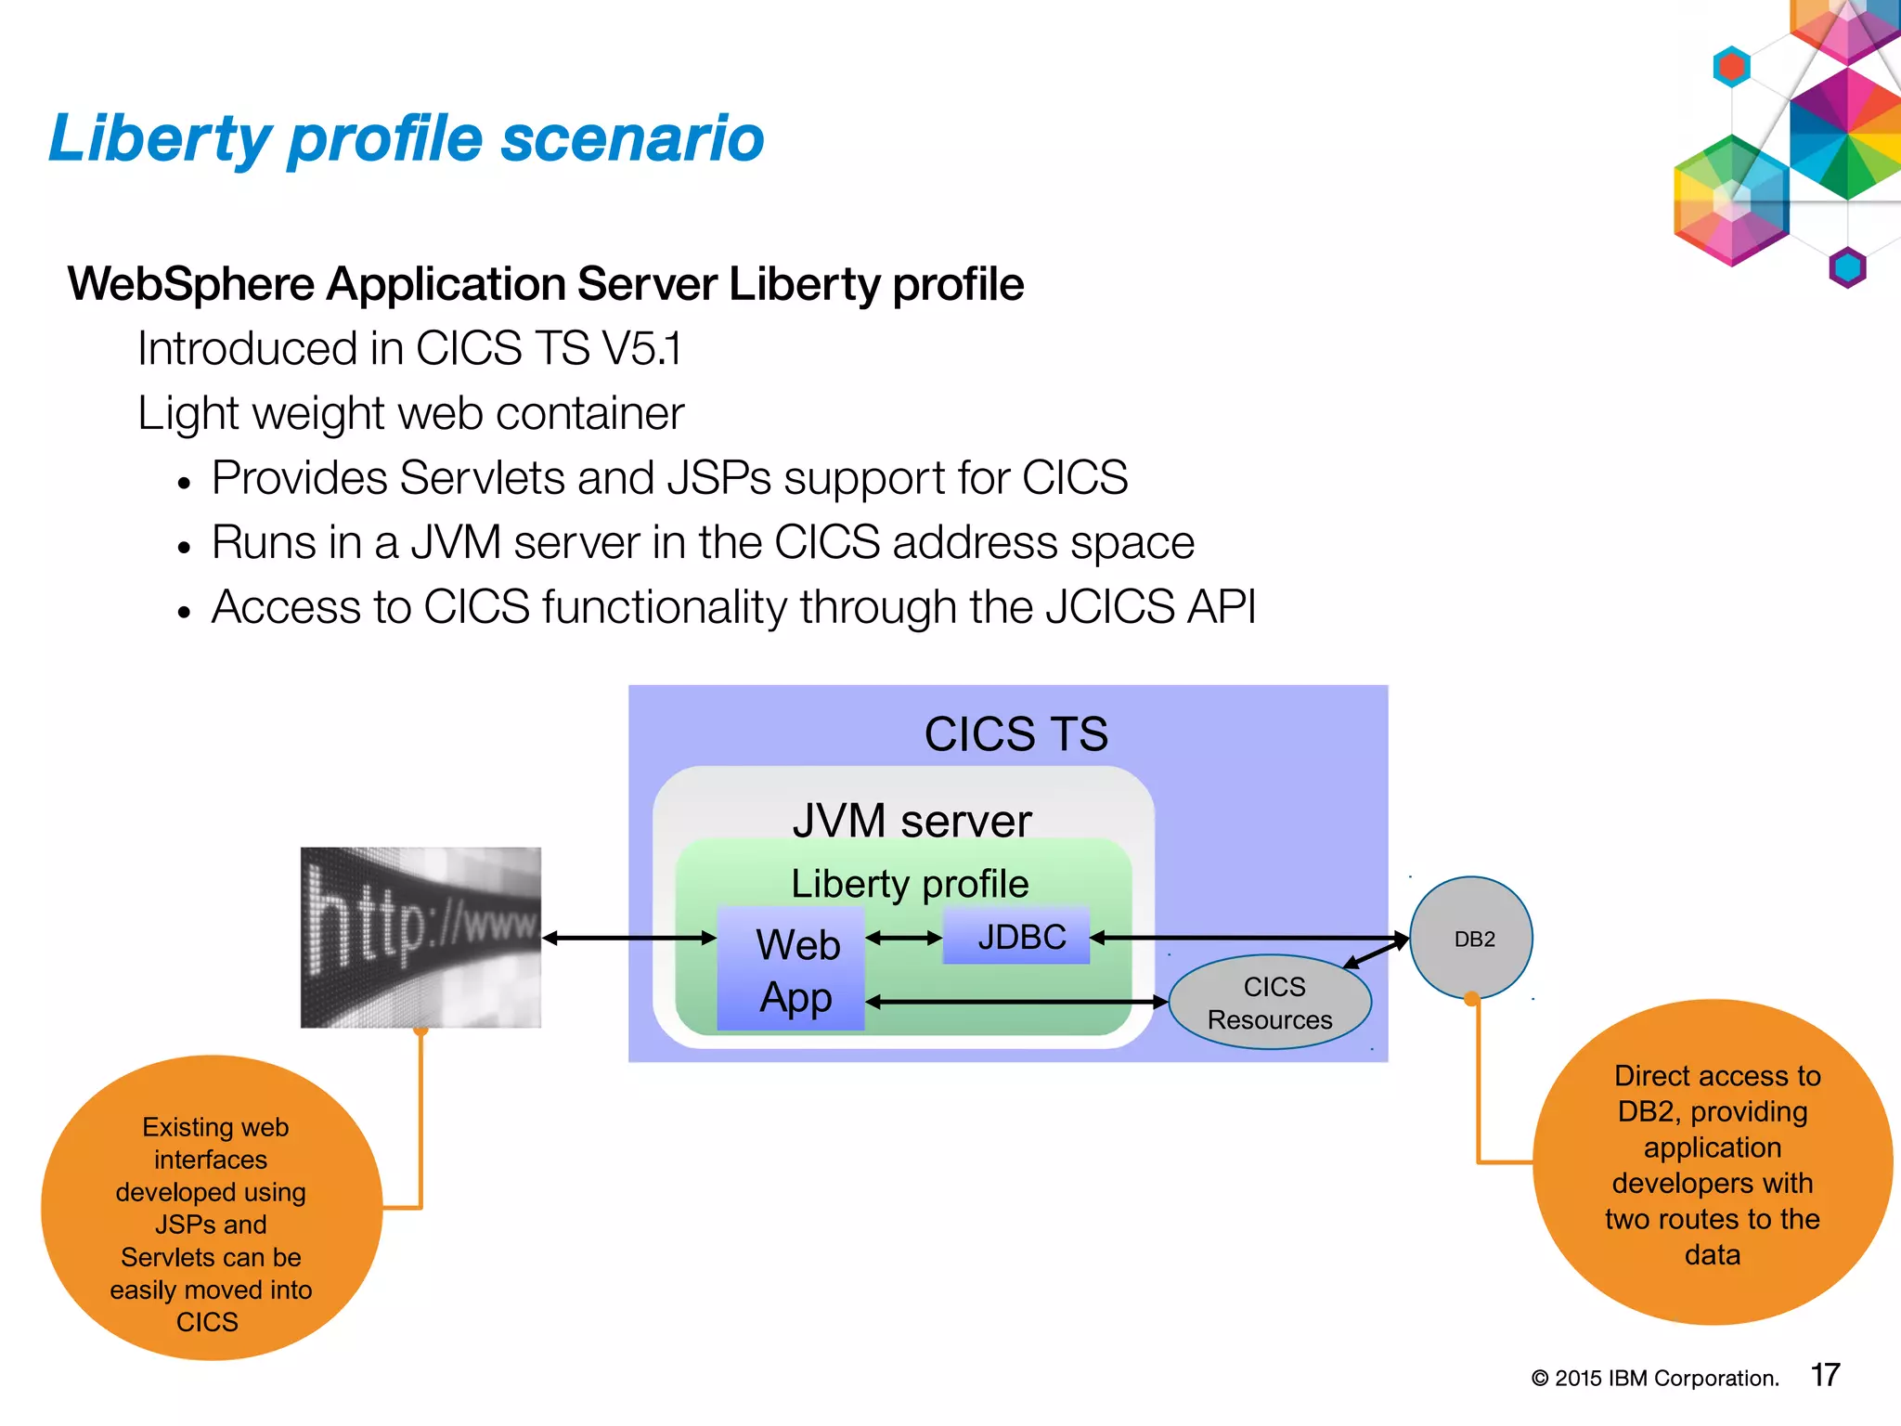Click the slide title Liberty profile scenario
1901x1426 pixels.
coord(406,139)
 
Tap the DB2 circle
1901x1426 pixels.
coord(1472,939)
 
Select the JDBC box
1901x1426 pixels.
coord(1017,937)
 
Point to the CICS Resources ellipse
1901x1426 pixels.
coord(1270,1004)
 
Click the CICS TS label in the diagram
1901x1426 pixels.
coord(1015,734)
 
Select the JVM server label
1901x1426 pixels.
coord(912,821)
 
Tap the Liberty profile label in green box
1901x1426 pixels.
coord(910,884)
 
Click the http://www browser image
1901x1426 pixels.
coord(420,937)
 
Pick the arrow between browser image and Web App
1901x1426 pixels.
coord(629,939)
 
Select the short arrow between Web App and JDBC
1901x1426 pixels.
coord(904,939)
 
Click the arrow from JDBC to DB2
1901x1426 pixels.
coord(1248,938)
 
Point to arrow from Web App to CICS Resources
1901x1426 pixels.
coord(1016,1002)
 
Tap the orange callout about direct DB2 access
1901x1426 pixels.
coord(1713,1163)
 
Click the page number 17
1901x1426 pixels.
coord(1825,1375)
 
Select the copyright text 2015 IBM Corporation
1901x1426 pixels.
coord(1655,1379)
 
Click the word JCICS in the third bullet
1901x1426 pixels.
coord(1110,608)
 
